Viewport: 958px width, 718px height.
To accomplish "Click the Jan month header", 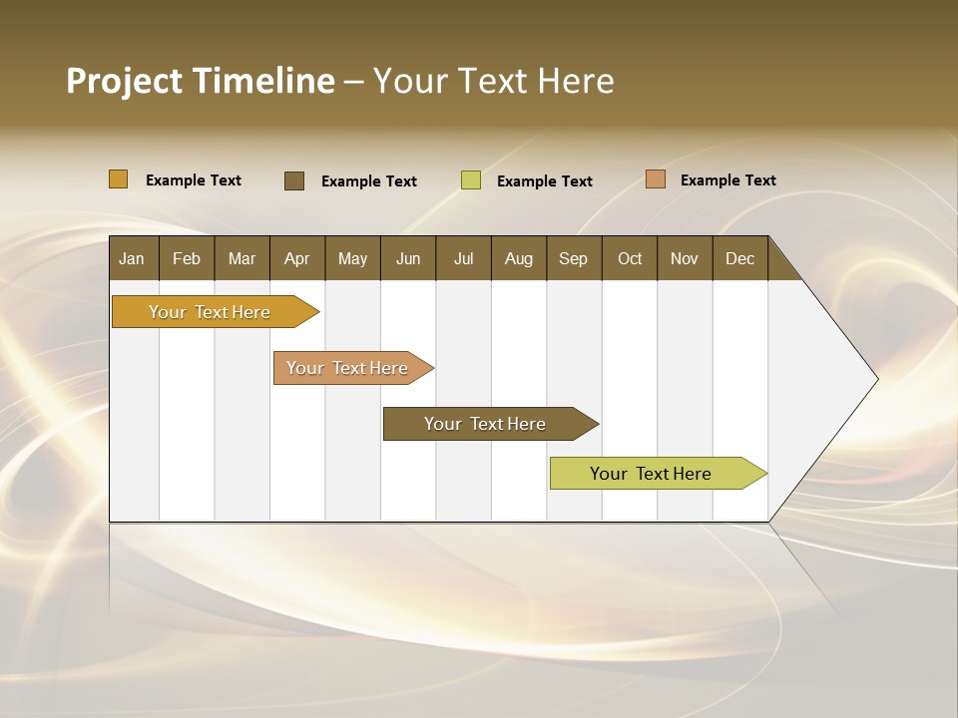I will coord(133,258).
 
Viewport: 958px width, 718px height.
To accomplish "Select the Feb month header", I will coord(187,258).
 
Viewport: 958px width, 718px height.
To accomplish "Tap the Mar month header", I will coord(241,258).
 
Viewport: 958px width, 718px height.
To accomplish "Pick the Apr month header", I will coord(297,258).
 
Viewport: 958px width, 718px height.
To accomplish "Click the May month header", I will coord(352,258).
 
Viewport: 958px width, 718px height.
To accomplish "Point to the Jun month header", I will coord(408,258).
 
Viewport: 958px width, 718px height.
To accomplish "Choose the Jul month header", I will coord(463,258).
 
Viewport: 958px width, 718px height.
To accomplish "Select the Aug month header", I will coord(519,258).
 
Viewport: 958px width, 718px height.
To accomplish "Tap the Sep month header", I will coord(574,258).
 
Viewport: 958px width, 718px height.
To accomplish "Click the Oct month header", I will coord(630,258).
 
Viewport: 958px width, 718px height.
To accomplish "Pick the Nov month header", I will coord(685,258).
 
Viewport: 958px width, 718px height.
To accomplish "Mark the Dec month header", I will coord(740,258).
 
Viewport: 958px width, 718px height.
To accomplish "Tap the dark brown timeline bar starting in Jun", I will coord(486,424).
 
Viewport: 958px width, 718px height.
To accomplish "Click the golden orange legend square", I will coord(119,179).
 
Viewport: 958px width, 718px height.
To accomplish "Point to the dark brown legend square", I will coord(294,180).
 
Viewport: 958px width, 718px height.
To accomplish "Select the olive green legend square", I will coord(471,180).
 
